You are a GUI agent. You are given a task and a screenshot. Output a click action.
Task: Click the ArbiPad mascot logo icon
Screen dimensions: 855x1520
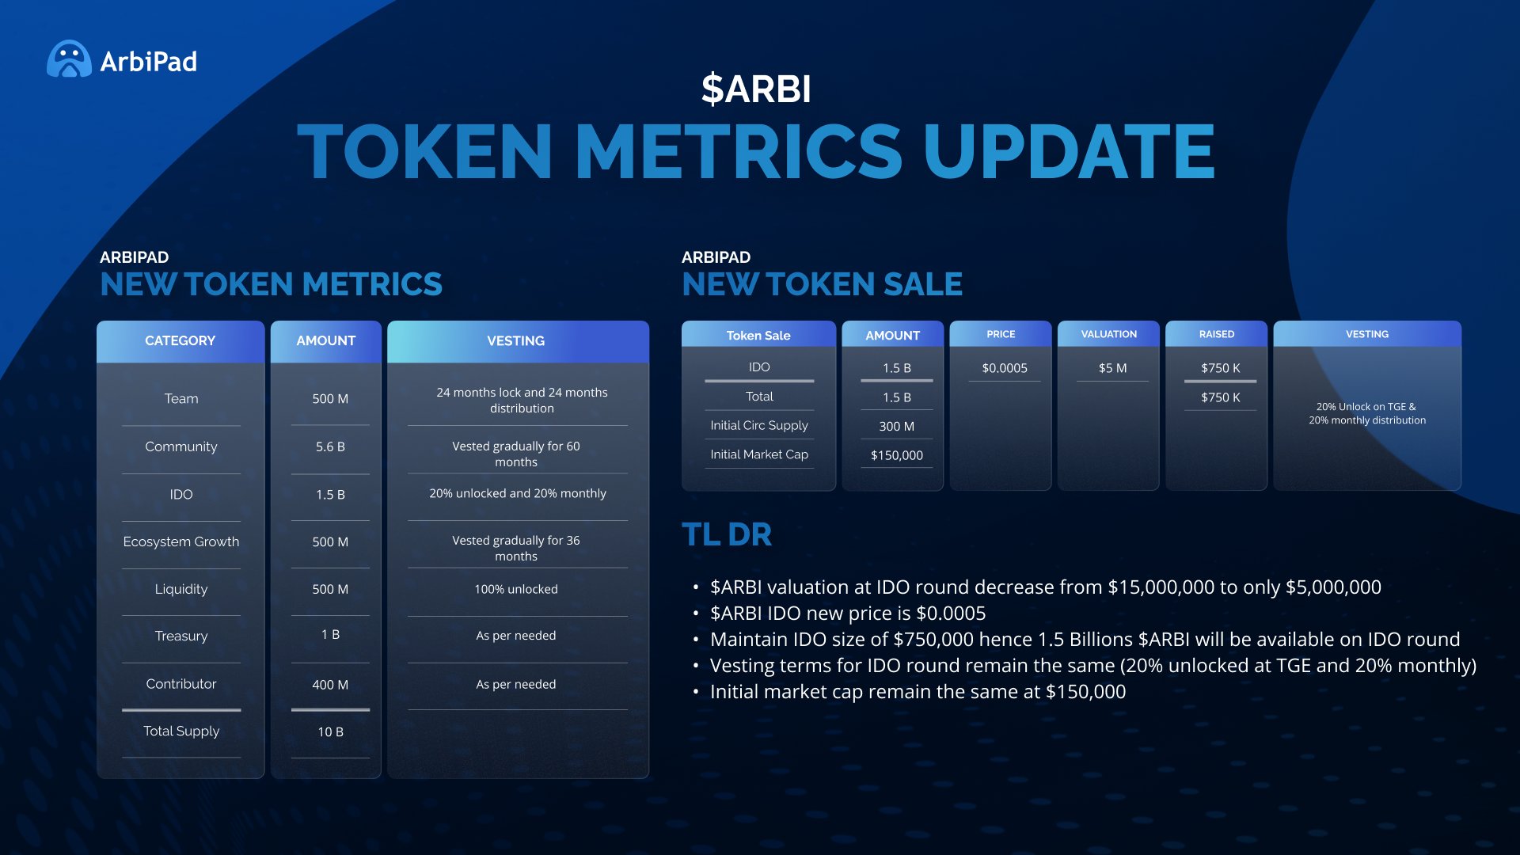pyautogui.click(x=69, y=59)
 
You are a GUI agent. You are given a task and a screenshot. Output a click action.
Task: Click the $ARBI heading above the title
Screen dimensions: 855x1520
pyautogui.click(x=756, y=89)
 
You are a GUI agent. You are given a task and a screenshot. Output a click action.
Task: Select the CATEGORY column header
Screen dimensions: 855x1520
pyautogui.click(x=180, y=340)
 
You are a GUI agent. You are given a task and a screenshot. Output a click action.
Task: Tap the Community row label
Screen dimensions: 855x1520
pyautogui.click(x=180, y=446)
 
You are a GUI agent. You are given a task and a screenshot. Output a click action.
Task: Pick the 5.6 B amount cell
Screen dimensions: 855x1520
pyautogui.click(x=330, y=446)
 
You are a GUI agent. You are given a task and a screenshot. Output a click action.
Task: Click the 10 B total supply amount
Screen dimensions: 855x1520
pyautogui.click(x=330, y=731)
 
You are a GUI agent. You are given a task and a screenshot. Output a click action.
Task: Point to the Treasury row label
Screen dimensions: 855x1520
pyautogui.click(x=180, y=636)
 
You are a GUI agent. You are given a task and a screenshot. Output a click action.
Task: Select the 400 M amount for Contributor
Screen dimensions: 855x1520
pyautogui.click(x=330, y=684)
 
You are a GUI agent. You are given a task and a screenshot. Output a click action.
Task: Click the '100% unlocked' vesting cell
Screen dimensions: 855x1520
pyautogui.click(x=516, y=589)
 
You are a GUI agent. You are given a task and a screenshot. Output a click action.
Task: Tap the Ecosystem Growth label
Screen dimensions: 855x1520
pyautogui.click(x=180, y=541)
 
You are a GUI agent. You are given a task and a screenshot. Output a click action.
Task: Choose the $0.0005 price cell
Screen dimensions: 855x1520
pyautogui.click(x=1004, y=368)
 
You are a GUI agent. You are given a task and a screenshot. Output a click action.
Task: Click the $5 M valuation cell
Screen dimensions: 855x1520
pyautogui.click(x=1112, y=368)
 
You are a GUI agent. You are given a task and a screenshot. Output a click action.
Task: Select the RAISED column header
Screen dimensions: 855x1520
pyautogui.click(x=1216, y=334)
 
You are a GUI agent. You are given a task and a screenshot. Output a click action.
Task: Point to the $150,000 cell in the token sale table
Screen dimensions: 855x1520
pyautogui.click(x=896, y=455)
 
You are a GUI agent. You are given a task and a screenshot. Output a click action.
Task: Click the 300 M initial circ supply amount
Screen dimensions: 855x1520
pyautogui.click(x=896, y=426)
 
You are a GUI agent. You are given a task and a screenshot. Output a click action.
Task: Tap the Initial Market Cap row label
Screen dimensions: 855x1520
pyautogui.click(x=758, y=454)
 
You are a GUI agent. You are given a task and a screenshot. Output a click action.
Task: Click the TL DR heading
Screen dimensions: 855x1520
pyautogui.click(x=726, y=534)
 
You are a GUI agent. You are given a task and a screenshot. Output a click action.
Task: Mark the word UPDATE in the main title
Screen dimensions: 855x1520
pyautogui.click(x=1069, y=152)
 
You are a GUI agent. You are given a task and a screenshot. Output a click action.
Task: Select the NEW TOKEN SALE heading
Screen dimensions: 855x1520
pyautogui.click(x=822, y=284)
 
